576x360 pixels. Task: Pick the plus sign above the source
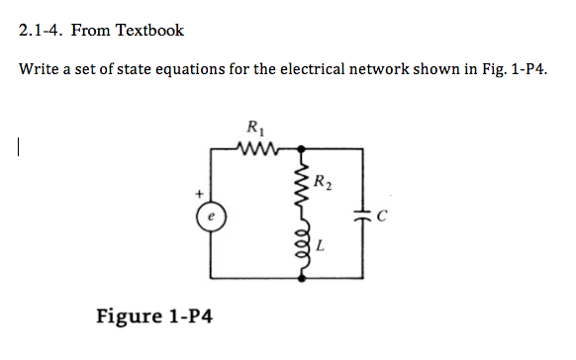coord(199,192)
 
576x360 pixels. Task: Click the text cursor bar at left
coord(19,148)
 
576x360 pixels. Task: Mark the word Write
coord(40,70)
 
